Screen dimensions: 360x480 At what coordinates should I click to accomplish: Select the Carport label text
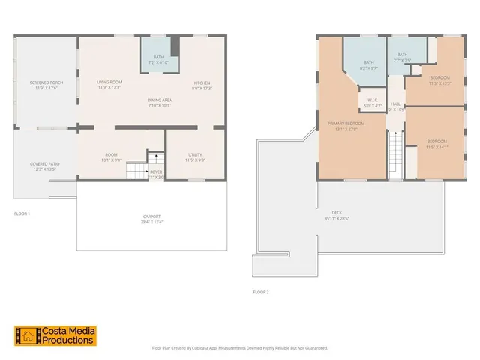coord(151,218)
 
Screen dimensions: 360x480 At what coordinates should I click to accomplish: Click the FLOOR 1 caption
coord(22,214)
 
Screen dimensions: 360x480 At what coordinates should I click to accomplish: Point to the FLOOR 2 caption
coord(260,291)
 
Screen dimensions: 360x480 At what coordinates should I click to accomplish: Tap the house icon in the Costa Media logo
coord(26,335)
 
